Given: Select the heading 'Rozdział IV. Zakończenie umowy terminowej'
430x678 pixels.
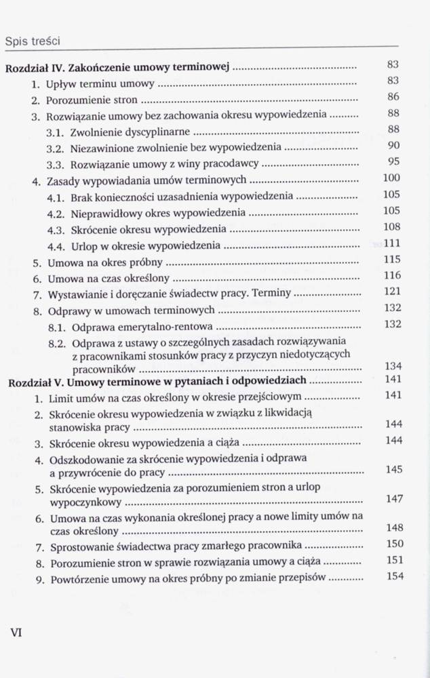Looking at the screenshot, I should pyautogui.click(x=117, y=67).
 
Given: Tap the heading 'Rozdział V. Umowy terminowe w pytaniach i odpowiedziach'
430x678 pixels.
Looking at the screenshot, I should pyautogui.click(x=156, y=382).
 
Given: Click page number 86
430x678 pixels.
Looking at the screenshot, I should pyautogui.click(x=393, y=97).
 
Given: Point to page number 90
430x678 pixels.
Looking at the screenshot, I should pyautogui.click(x=393, y=145).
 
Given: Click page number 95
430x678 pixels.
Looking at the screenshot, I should pyautogui.click(x=393, y=161).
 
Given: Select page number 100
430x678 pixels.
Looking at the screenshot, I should pyautogui.click(x=391, y=178).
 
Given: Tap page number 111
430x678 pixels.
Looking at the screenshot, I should pyautogui.click(x=392, y=243).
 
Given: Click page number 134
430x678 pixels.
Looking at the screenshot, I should pyautogui.click(x=393, y=367).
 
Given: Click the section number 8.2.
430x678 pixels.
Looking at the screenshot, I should pyautogui.click(x=56, y=343).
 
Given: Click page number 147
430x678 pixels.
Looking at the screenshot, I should pyautogui.click(x=393, y=499).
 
